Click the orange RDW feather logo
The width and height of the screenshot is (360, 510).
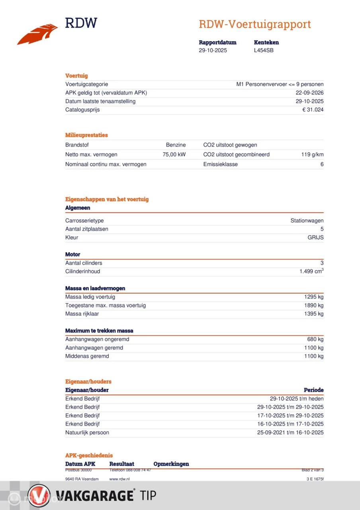(37, 35)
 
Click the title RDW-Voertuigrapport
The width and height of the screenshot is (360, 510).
(255, 24)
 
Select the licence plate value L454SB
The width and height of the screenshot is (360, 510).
(264, 51)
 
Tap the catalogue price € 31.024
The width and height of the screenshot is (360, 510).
(313, 110)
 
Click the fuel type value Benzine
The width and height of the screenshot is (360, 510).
(176, 145)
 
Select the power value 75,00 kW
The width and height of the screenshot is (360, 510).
(174, 155)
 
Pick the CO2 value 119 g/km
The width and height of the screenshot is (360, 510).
(312, 155)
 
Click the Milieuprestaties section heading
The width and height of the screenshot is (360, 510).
(86, 135)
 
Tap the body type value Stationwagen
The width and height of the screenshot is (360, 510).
(307, 221)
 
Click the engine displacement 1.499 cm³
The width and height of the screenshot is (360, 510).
(311, 271)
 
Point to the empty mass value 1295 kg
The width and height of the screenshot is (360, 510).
(314, 297)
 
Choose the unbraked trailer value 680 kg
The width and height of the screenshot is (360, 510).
(315, 339)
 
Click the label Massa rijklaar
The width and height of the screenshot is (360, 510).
(82, 314)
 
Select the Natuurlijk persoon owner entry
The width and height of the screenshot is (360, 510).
(87, 433)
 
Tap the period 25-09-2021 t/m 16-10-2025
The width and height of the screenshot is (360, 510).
(290, 433)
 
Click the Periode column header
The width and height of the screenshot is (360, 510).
(313, 390)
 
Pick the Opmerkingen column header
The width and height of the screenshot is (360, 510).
(171, 464)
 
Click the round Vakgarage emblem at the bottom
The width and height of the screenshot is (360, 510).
(39, 496)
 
